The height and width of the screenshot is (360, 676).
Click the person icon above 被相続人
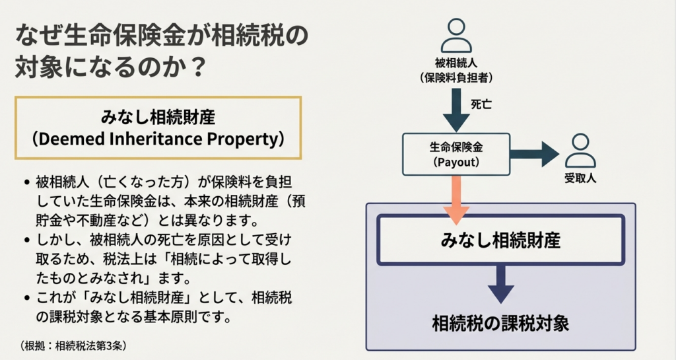[x=456, y=36]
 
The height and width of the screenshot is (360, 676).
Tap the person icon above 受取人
[x=580, y=151]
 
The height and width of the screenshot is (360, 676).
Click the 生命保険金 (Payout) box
[x=456, y=154]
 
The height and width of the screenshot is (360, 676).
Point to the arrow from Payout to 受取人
[x=535, y=155]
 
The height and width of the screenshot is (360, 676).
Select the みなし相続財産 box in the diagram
[x=500, y=240]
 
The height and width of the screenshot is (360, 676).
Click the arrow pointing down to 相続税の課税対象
[x=500, y=284]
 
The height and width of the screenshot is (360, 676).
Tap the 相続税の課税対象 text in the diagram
[x=500, y=323]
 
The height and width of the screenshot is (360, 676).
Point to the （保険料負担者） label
[x=456, y=77]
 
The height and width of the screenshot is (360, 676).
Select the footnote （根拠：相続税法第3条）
[x=73, y=345]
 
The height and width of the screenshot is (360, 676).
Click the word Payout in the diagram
[x=456, y=162]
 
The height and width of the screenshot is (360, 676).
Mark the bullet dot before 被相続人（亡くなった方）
[x=25, y=182]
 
